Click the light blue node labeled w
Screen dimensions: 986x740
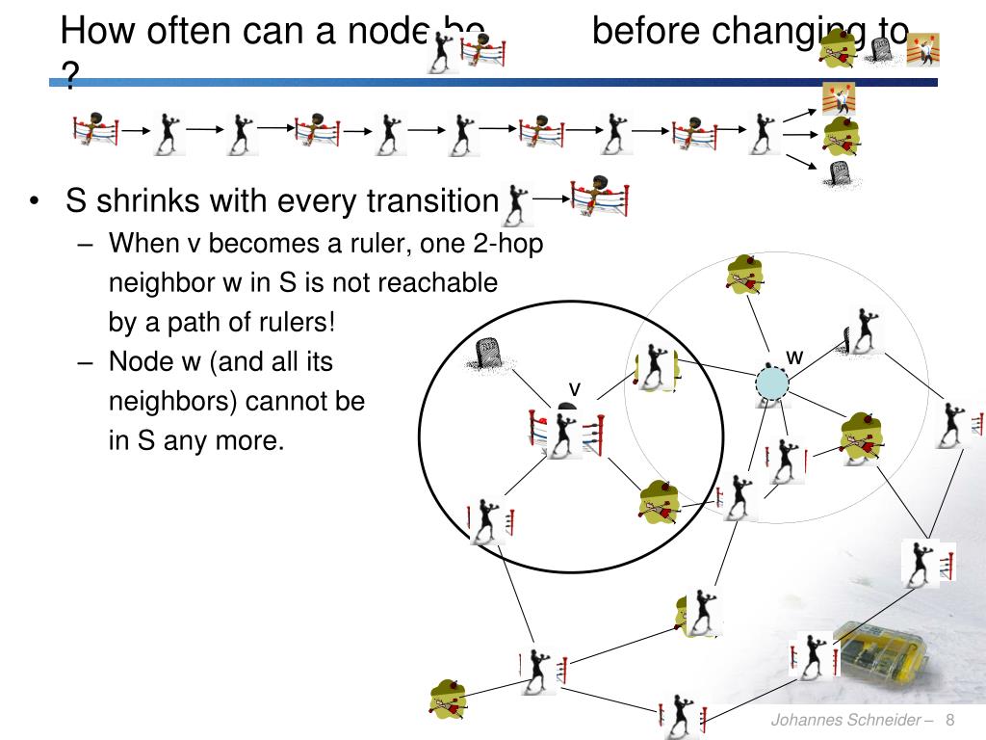tap(770, 383)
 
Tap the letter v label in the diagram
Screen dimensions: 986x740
tap(575, 388)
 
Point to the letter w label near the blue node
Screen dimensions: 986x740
tap(794, 357)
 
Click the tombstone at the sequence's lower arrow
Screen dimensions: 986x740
tap(839, 173)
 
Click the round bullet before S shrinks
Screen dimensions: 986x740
tap(35, 202)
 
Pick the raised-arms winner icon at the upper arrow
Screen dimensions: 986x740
tap(837, 97)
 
